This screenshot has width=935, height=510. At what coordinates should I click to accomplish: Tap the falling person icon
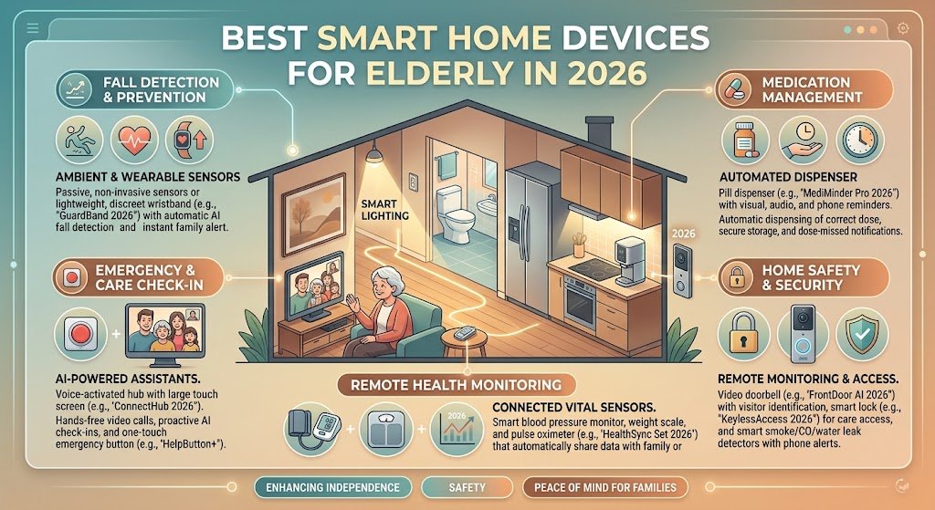[79, 141]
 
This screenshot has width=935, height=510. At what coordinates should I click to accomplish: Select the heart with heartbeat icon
[134, 141]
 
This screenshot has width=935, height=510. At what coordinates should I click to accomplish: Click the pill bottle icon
[745, 141]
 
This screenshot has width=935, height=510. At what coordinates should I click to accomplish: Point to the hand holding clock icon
[803, 141]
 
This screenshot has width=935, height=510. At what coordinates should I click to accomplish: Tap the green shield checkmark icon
[862, 334]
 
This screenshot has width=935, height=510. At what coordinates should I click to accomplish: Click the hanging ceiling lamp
[373, 152]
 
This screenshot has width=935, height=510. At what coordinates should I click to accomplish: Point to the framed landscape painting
[312, 208]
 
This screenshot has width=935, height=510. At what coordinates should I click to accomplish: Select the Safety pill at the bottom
[467, 487]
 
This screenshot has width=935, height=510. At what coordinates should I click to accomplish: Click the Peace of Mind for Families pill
[605, 487]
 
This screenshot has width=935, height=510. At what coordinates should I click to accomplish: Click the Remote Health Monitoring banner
[457, 385]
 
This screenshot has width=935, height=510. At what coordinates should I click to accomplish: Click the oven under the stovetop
[578, 304]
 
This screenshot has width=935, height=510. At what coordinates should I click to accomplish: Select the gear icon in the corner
[903, 28]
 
